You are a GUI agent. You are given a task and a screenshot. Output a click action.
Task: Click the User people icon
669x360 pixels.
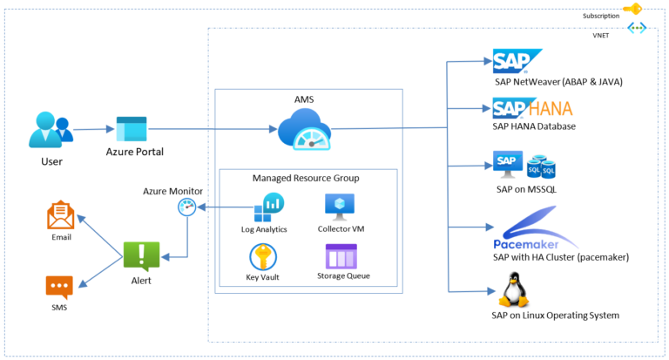click(50, 131)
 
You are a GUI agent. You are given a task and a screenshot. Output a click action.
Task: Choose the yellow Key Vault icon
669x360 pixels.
click(263, 256)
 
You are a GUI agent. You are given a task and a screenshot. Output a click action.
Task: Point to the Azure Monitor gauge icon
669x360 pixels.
click(186, 207)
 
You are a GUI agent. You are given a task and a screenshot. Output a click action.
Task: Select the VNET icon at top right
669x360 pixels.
click(637, 29)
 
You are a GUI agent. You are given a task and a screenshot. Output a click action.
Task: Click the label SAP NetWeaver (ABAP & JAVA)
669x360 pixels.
click(557, 81)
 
